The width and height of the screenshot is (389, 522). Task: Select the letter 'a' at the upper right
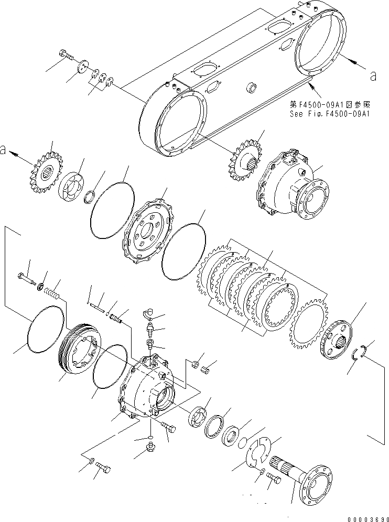(373, 77)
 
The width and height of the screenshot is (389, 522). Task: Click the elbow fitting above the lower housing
(148, 313)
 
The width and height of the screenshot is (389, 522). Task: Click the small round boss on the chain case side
(252, 86)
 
